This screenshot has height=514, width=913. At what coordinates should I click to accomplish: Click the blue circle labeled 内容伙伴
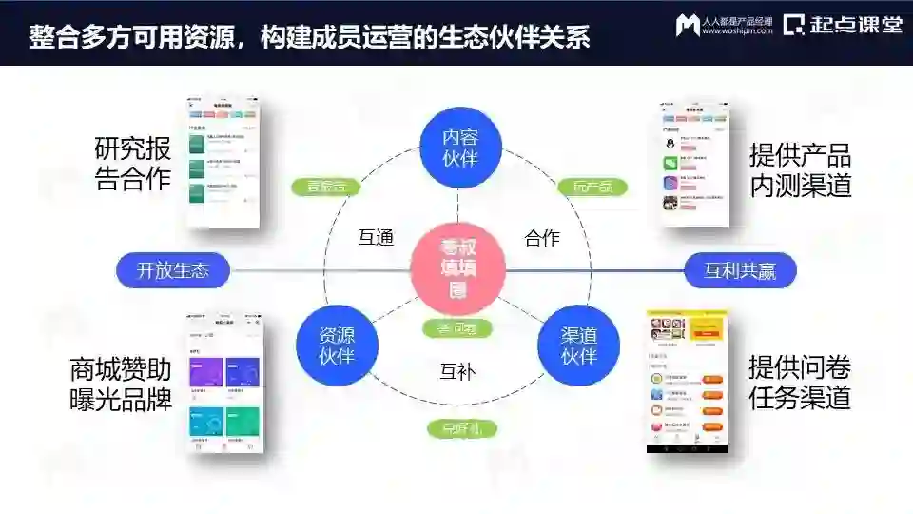pyautogui.click(x=460, y=147)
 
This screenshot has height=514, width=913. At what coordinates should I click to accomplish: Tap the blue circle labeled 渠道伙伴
pyautogui.click(x=578, y=345)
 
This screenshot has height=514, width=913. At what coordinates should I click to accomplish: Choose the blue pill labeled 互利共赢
pyautogui.click(x=740, y=270)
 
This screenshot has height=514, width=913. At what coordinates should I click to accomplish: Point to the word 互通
pyautogui.click(x=376, y=238)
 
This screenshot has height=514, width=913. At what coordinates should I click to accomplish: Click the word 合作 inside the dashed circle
pyautogui.click(x=542, y=238)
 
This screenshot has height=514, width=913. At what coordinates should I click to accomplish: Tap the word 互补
pyautogui.click(x=457, y=371)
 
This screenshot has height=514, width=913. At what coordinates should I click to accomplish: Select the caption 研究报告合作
pyautogui.click(x=133, y=164)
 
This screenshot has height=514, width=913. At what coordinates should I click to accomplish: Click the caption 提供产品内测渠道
pyautogui.click(x=800, y=170)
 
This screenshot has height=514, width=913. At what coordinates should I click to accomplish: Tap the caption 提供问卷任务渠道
pyautogui.click(x=799, y=383)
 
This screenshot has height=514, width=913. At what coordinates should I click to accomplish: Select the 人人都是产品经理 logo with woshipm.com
pyautogui.click(x=724, y=26)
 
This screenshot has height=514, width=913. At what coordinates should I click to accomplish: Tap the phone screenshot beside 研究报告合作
pyautogui.click(x=224, y=162)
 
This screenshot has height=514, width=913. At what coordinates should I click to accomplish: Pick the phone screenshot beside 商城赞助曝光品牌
pyautogui.click(x=225, y=381)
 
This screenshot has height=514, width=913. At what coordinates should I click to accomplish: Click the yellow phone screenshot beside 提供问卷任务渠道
pyautogui.click(x=688, y=381)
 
